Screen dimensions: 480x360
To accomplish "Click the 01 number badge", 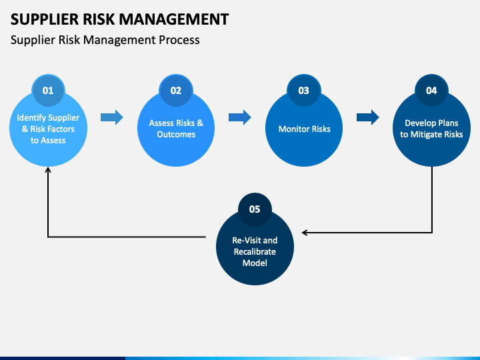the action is point(48,90).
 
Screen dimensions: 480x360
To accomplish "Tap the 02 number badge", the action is point(176,90).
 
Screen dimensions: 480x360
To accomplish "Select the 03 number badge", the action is point(304,90).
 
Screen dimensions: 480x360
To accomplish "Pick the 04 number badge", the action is point(431,90).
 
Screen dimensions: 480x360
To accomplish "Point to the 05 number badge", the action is point(255,209).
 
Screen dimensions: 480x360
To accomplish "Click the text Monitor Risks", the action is point(304,129).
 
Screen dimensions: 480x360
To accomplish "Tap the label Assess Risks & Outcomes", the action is point(176,129).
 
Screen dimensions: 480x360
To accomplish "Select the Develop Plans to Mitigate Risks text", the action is point(431,129).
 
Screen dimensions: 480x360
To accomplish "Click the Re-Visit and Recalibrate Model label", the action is point(255,251).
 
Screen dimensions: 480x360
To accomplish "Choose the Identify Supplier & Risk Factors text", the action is point(48,123).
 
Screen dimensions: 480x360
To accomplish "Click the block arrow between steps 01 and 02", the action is point(112,117).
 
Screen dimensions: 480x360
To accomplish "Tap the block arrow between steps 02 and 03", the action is point(240,117).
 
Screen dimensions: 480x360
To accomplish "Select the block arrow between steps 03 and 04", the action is point(367,117).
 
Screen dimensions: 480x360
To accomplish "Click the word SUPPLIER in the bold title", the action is point(45,19).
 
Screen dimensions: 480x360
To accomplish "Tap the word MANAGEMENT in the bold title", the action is point(173,19).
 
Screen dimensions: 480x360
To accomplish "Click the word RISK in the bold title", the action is point(99,19).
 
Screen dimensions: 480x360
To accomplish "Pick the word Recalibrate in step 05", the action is point(255,251).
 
